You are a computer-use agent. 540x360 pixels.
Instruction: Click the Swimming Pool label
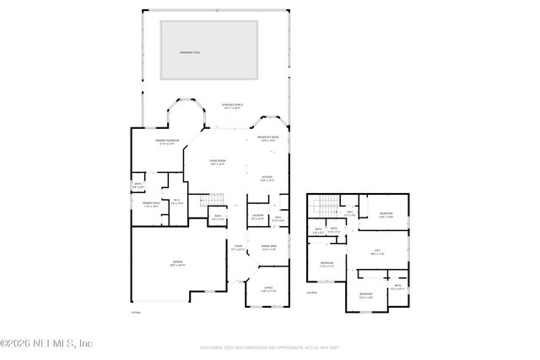tap(190, 52)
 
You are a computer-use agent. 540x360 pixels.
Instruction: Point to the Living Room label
tap(218, 162)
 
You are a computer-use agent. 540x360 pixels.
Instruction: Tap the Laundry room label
tap(257, 218)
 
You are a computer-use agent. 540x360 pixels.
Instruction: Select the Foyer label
tap(238, 248)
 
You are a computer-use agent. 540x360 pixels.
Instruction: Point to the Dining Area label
tap(269, 248)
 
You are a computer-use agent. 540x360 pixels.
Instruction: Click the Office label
tap(268, 289)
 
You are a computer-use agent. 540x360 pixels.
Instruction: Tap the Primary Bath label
tap(152, 205)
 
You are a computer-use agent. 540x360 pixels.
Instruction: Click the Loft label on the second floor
tap(378, 250)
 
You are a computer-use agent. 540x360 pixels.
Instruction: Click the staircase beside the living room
tap(215, 201)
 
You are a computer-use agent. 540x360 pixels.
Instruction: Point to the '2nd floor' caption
tap(312, 293)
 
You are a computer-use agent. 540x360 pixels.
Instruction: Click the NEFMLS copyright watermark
tap(46, 343)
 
